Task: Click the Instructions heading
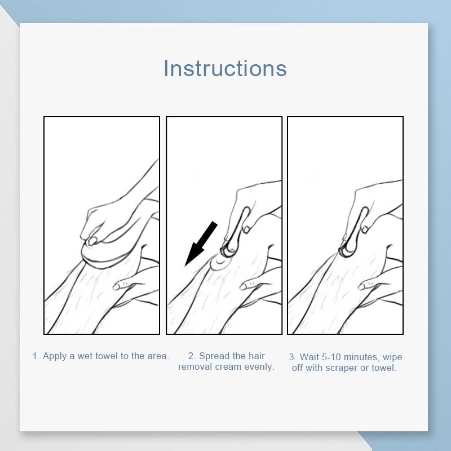225,68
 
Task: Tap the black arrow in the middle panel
201,244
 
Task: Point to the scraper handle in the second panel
239,227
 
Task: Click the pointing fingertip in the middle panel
245,286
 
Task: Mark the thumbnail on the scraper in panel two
246,229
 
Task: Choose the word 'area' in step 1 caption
158,356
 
